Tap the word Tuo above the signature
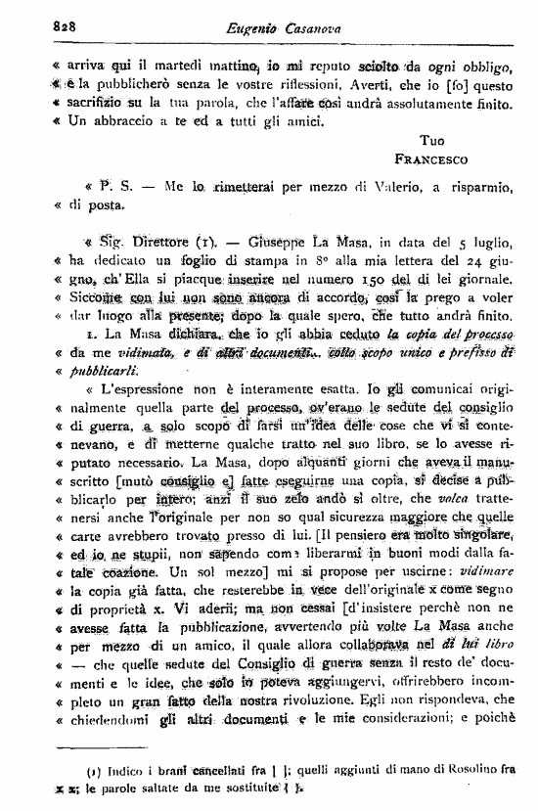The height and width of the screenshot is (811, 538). [431, 140]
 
